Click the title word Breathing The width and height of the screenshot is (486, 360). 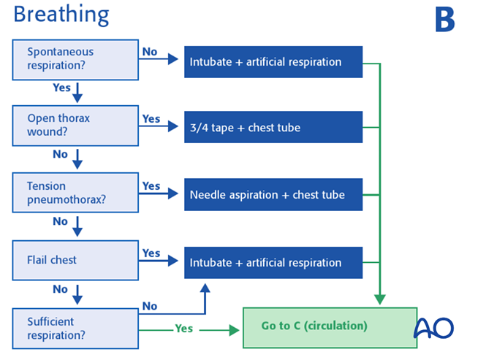(x=61, y=15)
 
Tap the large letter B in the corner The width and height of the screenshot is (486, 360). (x=444, y=20)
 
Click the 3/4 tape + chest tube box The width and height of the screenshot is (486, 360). (x=273, y=128)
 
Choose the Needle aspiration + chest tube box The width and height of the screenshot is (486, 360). (x=273, y=195)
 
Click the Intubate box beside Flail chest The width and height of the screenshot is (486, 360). (x=273, y=262)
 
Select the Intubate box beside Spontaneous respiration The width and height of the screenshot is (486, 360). (x=273, y=62)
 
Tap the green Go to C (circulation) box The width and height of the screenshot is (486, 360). (x=330, y=326)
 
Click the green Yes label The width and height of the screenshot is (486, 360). (x=183, y=329)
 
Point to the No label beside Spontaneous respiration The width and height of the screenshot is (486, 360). (x=149, y=52)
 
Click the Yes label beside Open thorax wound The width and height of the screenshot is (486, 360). (x=151, y=118)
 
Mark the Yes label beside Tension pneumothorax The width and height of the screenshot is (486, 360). (x=151, y=185)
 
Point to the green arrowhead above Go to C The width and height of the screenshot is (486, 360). (x=379, y=299)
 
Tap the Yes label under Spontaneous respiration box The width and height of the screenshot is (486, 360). (x=61, y=87)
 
